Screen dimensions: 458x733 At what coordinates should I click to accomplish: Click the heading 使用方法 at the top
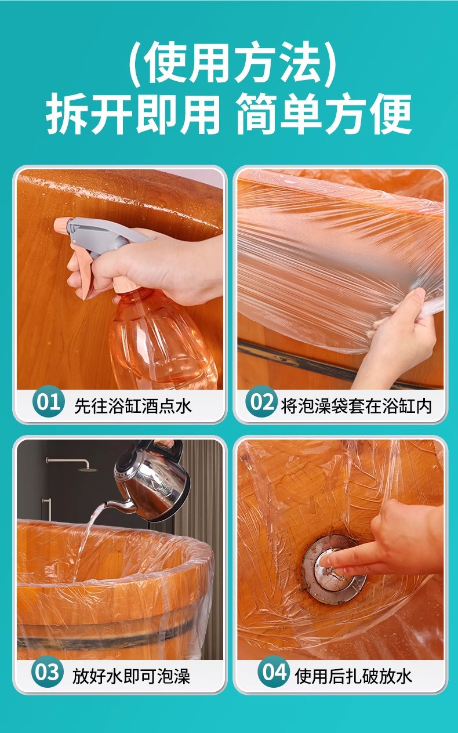(x=232, y=63)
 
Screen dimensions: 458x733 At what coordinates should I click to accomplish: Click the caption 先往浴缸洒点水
(x=133, y=406)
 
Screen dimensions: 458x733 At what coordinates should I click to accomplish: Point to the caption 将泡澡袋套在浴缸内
(x=357, y=406)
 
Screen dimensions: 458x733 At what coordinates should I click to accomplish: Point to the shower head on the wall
(x=88, y=469)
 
